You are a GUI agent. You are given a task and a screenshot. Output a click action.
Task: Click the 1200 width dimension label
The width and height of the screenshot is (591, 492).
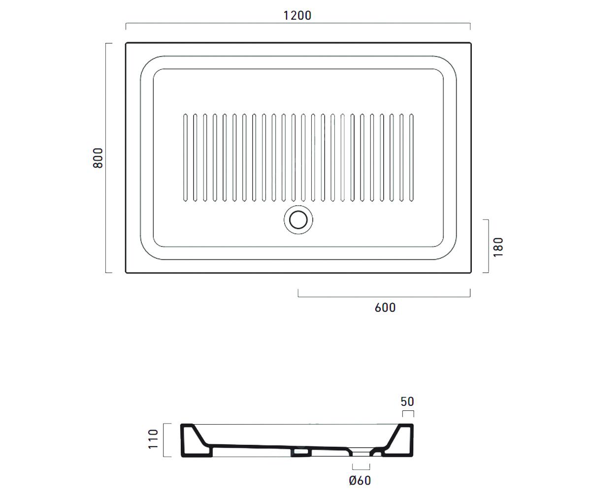[297, 16]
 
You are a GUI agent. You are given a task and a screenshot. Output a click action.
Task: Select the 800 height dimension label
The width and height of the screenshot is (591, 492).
[98, 158]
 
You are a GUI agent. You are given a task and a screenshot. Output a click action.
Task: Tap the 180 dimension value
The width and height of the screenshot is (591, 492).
[498, 247]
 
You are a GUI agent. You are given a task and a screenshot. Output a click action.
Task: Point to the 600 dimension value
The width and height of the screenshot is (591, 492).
[385, 307]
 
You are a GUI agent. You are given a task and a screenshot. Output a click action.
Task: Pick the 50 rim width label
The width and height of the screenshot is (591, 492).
[407, 401]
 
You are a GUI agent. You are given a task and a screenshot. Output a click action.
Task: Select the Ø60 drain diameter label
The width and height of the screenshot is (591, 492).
[360, 480]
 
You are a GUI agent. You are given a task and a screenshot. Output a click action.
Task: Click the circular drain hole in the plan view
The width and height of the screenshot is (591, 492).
[298, 220]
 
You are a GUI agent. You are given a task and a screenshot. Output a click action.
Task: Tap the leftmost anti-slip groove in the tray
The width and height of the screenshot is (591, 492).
[185, 158]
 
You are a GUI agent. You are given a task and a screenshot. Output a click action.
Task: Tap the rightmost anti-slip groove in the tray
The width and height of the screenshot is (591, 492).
[411, 158]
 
